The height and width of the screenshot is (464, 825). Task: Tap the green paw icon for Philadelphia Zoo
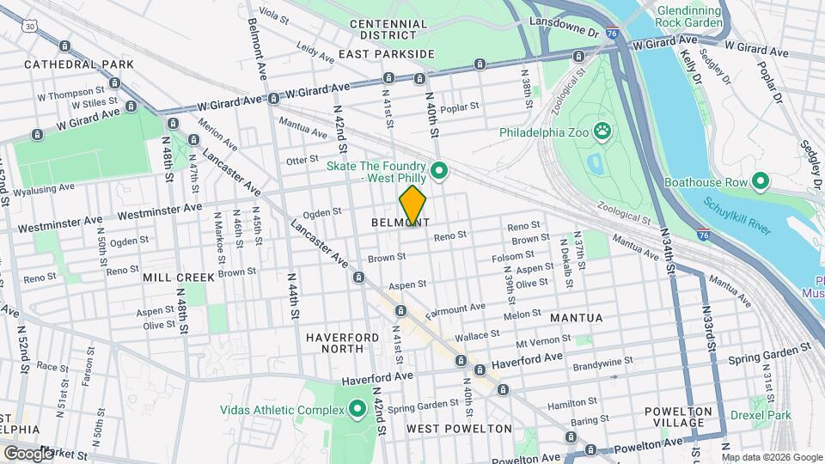(x=604, y=132)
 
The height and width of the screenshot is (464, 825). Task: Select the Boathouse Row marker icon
(x=760, y=181)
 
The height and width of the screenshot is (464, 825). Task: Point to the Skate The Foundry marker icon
(x=439, y=171)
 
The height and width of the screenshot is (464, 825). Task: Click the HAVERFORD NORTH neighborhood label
(x=342, y=345)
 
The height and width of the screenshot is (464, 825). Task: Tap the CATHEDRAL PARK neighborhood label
(x=79, y=64)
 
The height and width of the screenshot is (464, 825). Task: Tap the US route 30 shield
(x=31, y=27)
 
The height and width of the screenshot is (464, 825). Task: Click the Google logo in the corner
(x=28, y=452)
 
